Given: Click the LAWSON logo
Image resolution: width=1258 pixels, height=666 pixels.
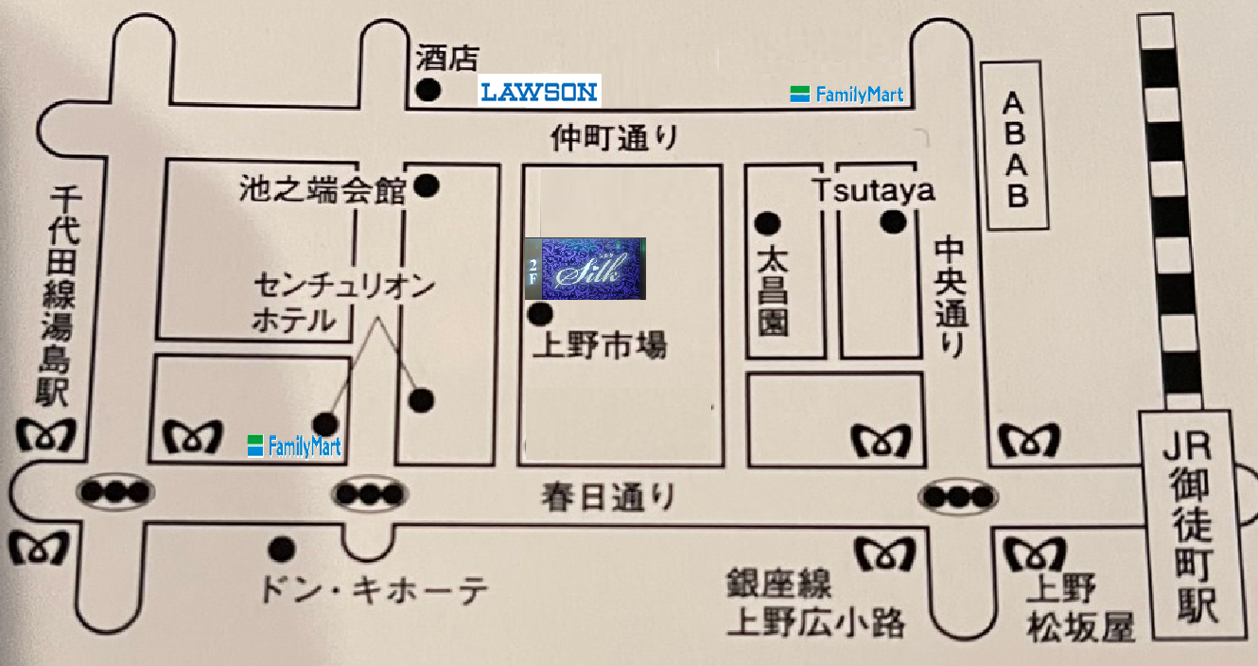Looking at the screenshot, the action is (539, 91).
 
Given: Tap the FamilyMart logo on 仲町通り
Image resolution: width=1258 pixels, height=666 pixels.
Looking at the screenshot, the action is (847, 95).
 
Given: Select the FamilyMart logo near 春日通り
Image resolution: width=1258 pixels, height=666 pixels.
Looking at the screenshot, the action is (294, 447).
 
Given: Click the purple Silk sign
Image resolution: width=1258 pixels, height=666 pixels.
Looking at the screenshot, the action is (585, 269).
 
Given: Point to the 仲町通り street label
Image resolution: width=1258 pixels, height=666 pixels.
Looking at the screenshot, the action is (615, 138).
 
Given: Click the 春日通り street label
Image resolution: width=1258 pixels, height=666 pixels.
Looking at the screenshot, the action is (607, 497).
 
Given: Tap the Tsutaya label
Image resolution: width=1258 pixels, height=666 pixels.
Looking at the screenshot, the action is (874, 190).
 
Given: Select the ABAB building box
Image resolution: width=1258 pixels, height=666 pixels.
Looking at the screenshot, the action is (1014, 146).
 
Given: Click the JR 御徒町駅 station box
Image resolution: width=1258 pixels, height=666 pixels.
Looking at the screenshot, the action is (1194, 525).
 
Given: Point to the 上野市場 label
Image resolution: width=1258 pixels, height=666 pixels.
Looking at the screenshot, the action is (600, 344).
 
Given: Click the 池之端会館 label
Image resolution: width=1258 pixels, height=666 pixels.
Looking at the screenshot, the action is (323, 189).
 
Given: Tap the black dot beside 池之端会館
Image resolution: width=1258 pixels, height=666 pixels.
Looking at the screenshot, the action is (427, 185).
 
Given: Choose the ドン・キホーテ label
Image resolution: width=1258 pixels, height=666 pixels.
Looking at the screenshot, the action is (374, 589).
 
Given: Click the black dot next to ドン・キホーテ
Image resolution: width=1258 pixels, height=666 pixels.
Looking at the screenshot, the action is (282, 550).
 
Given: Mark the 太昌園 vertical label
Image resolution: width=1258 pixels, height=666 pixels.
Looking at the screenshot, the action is (773, 289).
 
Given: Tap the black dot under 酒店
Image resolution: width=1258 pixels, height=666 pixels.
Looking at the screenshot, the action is (428, 90).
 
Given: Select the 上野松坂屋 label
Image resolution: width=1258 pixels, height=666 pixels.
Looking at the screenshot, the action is (1077, 607).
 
